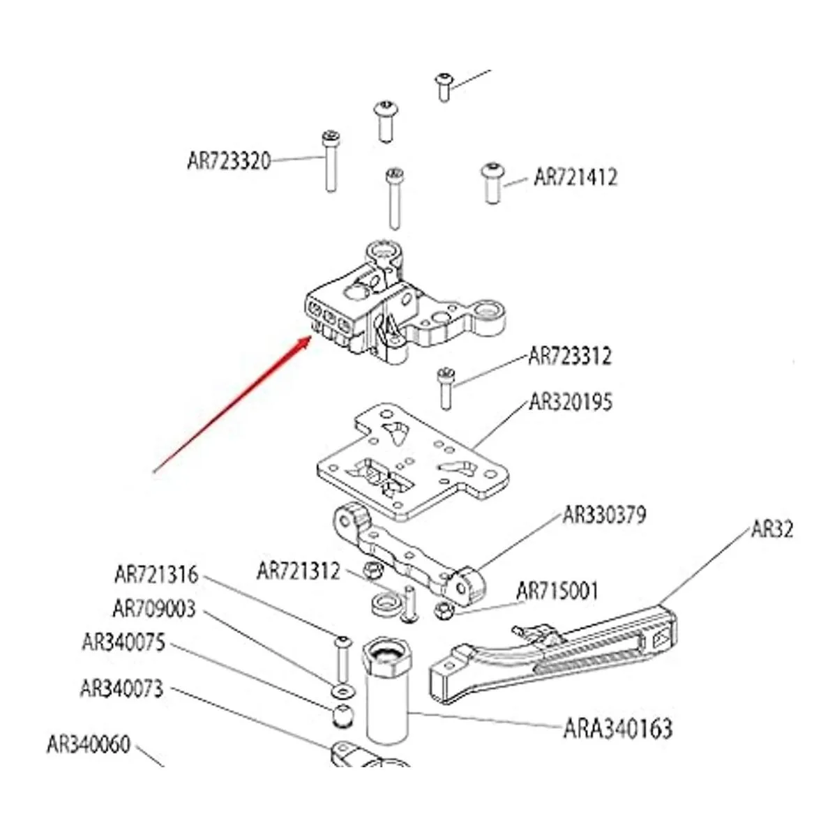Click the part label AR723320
pos(229,161)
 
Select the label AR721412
pos(575,177)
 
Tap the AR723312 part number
pos(569,356)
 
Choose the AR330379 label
pos(604,515)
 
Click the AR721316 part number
pos(156,575)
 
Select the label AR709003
pos(154,609)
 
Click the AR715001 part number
pos(557,591)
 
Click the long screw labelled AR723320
pos(331,161)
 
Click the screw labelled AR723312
pos(445,388)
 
